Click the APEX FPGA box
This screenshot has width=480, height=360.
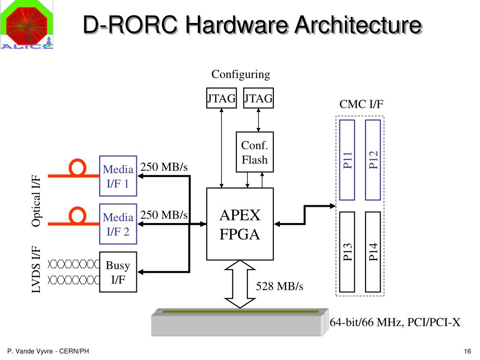tap(240, 224)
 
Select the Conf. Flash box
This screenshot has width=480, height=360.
tap(255, 152)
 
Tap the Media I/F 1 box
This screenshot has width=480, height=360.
tap(118, 176)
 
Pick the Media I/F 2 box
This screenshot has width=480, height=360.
tap(118, 224)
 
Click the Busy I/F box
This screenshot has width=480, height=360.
tap(118, 272)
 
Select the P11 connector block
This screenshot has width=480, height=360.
tap(347, 159)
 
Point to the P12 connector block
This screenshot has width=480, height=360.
tap(373, 159)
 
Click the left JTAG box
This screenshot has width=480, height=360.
tap(221, 98)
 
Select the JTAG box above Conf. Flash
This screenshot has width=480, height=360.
tap(258, 98)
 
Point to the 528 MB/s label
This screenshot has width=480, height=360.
tap(279, 286)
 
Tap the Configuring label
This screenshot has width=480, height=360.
tap(240, 75)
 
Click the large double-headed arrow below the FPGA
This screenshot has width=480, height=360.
tap(240, 284)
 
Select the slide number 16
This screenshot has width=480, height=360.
tap(466, 352)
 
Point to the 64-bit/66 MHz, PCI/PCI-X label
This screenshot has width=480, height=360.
tap(395, 322)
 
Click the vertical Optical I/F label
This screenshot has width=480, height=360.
tap(36, 200)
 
